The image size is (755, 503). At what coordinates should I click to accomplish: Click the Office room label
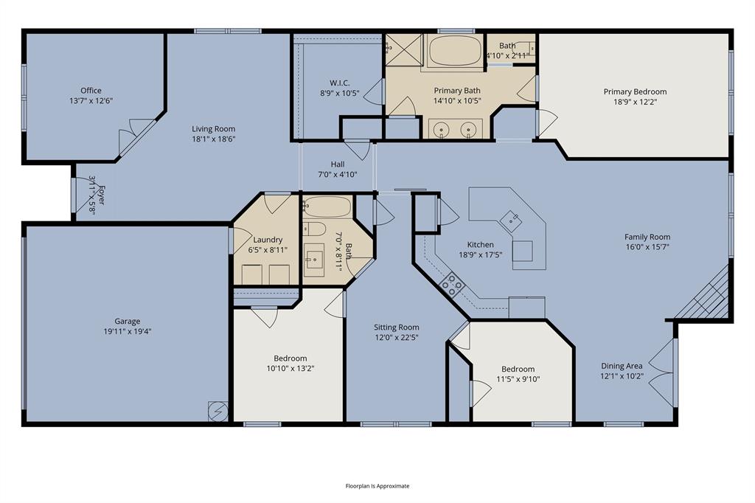(91, 91)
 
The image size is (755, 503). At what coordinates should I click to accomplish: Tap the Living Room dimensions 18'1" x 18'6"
(214, 139)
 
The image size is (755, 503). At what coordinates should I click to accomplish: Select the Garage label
(127, 321)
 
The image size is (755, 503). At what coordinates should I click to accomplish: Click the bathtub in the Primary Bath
(453, 52)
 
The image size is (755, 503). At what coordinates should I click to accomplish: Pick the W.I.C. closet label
(339, 83)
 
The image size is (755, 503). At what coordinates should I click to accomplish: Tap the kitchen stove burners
(452, 283)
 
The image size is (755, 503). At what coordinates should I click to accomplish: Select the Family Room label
(647, 237)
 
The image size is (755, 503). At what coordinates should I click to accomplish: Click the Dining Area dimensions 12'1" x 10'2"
(622, 375)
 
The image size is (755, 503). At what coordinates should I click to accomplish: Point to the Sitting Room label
(396, 327)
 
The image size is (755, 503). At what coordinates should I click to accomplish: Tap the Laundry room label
(268, 240)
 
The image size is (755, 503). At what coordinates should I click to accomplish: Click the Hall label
(337, 164)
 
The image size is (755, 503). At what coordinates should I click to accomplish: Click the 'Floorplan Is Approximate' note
(377, 486)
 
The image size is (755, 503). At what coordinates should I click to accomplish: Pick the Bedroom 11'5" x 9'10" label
(518, 370)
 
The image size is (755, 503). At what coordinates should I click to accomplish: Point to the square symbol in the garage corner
(218, 410)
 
